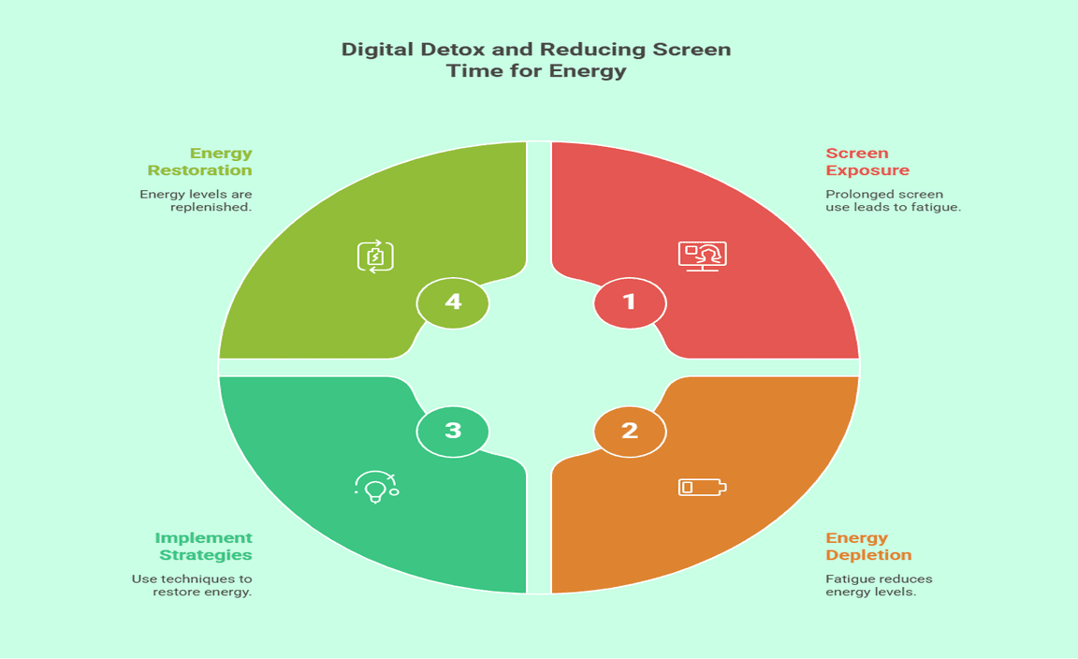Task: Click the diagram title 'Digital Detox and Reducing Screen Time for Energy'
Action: pos(536,60)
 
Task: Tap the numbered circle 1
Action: pos(630,302)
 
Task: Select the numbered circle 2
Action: pos(630,431)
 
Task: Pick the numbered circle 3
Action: pos(453,431)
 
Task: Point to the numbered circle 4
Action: pos(453,302)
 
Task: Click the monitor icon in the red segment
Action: pos(702,256)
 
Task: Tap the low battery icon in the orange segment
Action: pos(702,487)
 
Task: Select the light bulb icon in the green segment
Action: pos(376,487)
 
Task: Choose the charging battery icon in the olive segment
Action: pos(375,256)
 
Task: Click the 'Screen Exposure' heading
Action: pos(867,162)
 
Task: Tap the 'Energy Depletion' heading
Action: pos(868,547)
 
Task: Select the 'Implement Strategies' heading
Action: pos(204,547)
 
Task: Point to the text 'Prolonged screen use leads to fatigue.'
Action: pos(893,200)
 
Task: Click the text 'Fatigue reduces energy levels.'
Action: pos(879,585)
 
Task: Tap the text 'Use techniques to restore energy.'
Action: pos(192,585)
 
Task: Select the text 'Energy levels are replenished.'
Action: pos(196,200)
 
